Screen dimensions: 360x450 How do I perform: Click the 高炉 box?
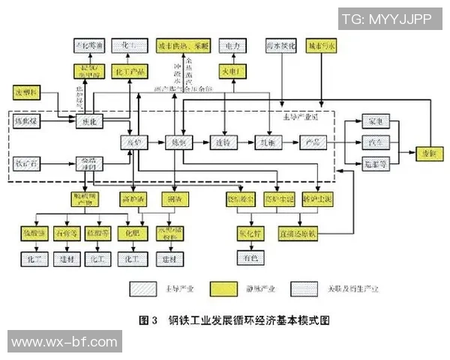coord(132,142)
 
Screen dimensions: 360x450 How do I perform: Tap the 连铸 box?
coord(222,142)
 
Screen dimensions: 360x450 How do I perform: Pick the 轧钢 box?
coord(266,142)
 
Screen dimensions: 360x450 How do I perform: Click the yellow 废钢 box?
coord(427,151)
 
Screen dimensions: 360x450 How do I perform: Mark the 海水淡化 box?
coord(281,46)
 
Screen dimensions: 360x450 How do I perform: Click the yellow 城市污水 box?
coord(322,46)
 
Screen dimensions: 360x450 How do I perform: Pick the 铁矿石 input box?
coord(27,162)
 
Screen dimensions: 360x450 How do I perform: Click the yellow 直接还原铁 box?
coord(298,232)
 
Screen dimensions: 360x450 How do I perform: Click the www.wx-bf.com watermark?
coord(60,342)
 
